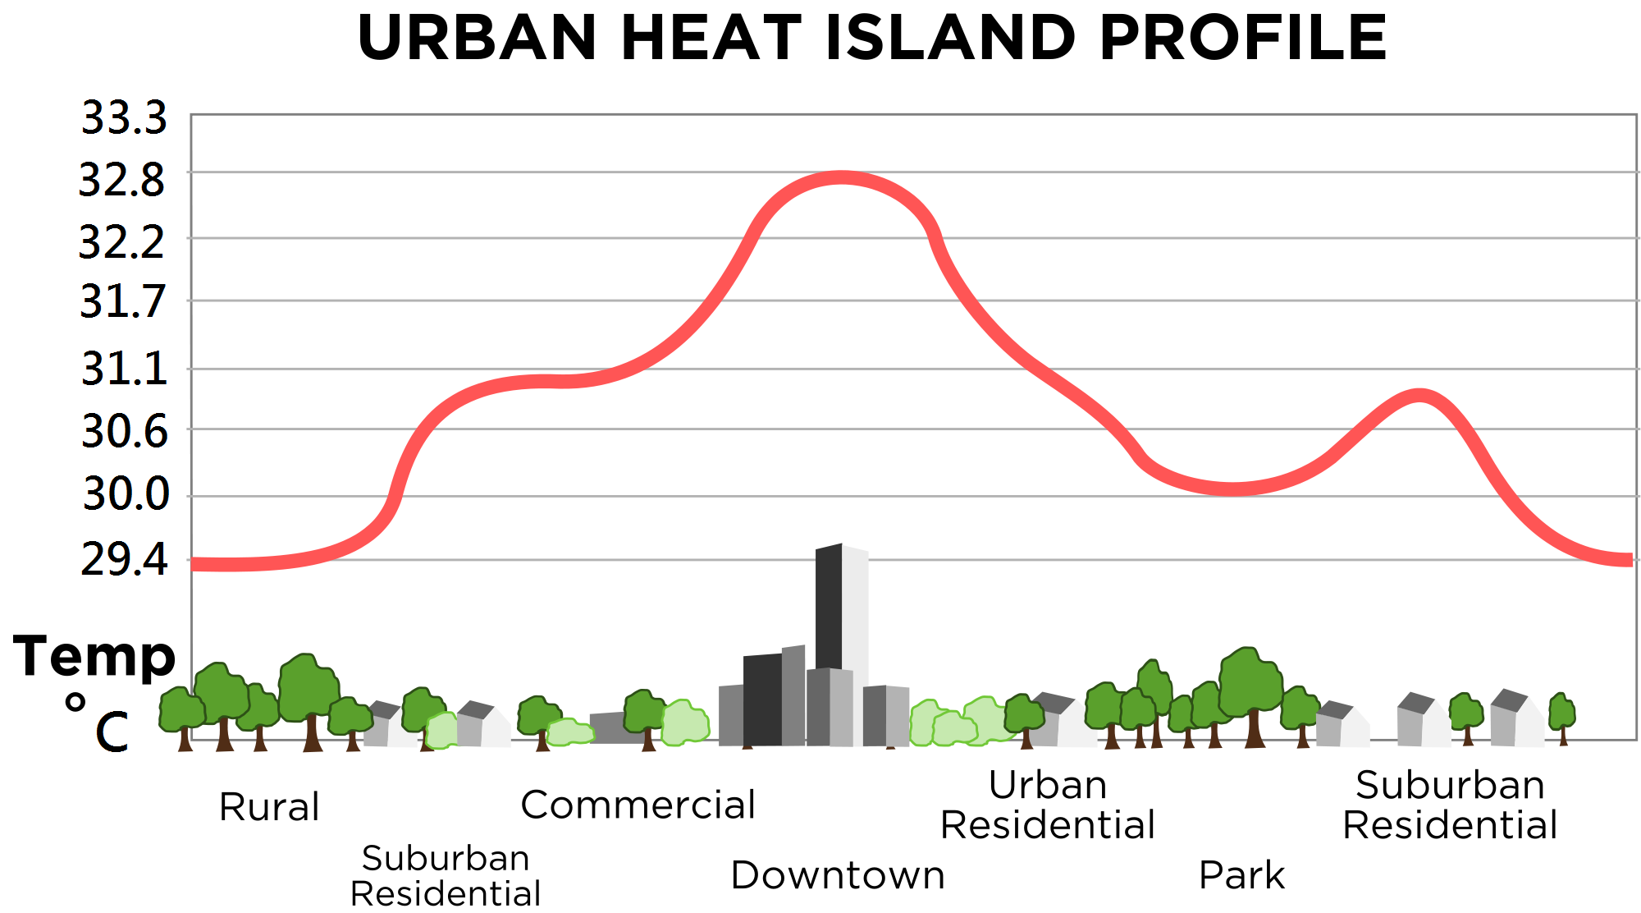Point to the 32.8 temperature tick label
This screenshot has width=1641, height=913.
tap(121, 180)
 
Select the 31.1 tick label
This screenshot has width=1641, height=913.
tap(124, 369)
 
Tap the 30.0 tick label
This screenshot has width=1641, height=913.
tap(126, 494)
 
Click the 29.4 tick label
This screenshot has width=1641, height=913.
tap(124, 560)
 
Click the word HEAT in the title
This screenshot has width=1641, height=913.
tap(711, 38)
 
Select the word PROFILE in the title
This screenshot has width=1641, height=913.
tap(1242, 38)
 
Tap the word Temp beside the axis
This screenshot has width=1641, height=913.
tap(94, 656)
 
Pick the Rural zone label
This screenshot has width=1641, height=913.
tap(269, 807)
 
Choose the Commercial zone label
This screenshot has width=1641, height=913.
tap(638, 805)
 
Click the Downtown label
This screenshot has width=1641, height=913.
tap(837, 875)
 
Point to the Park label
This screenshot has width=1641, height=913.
tap(1241, 875)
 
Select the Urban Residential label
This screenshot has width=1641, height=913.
tap(1047, 805)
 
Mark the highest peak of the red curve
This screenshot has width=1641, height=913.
tap(841, 177)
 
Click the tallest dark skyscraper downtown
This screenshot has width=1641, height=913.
tap(829, 608)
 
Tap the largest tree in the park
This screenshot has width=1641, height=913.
tap(1250, 690)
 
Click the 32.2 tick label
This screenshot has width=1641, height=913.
tap(121, 243)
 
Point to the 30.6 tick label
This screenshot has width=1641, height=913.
tap(124, 431)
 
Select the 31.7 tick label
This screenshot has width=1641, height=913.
tap(122, 302)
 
